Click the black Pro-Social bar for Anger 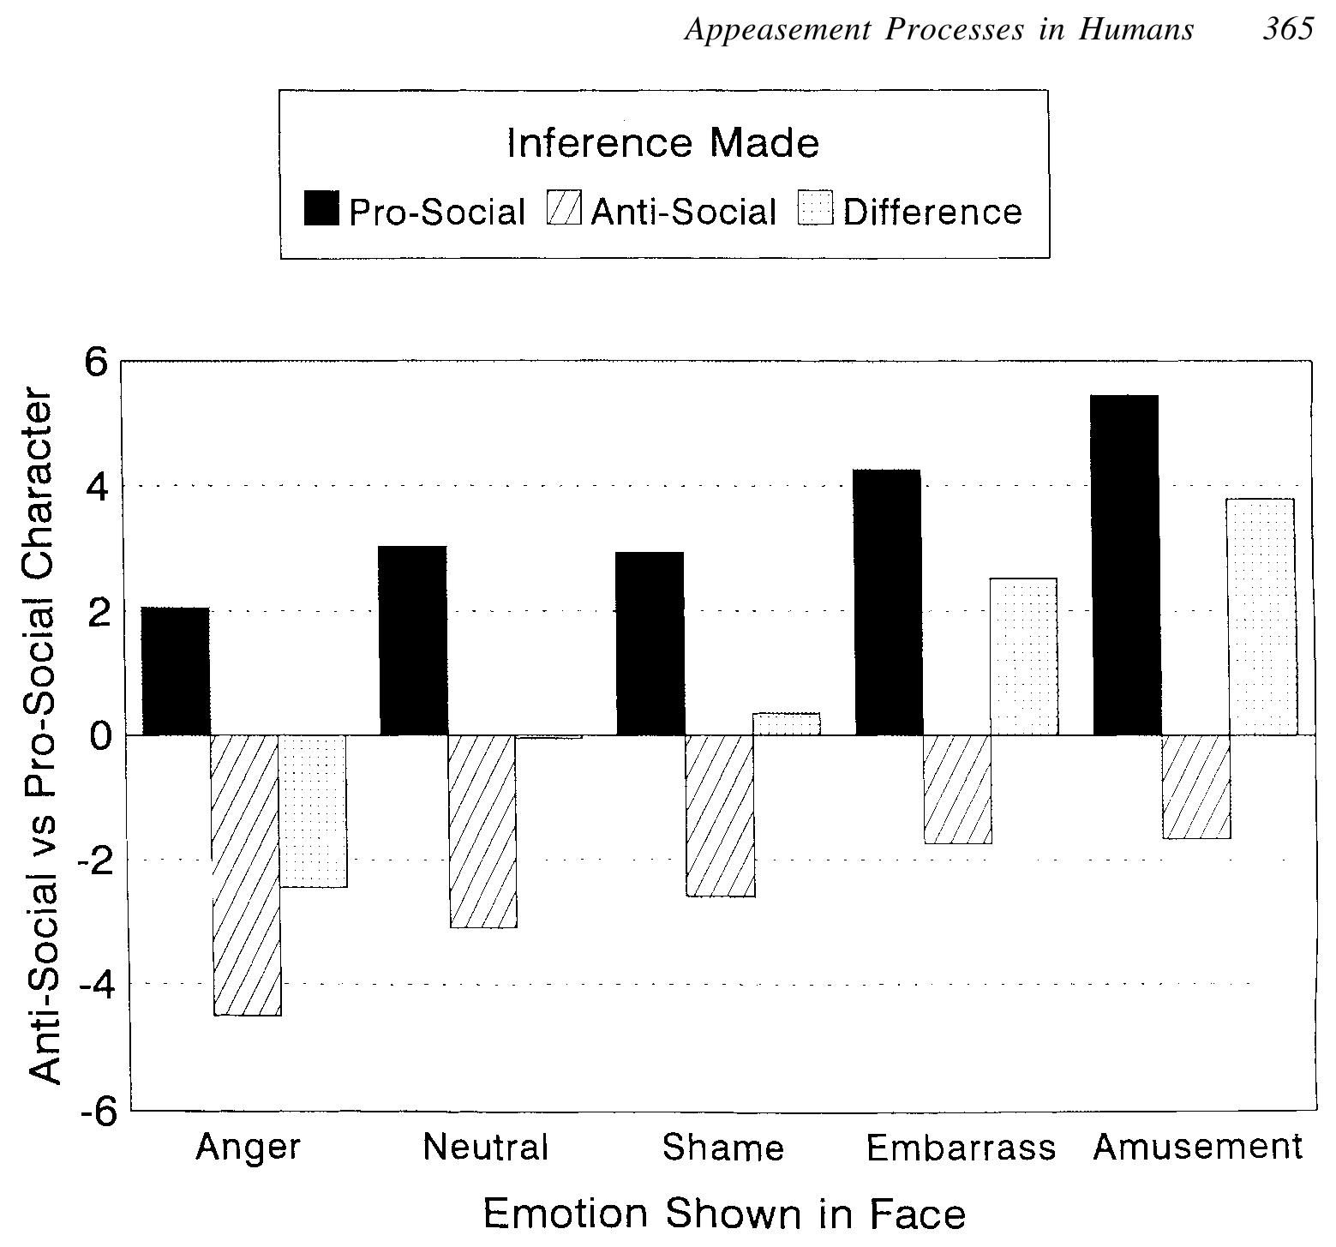176,671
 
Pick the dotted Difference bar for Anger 314,811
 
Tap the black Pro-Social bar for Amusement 1126,565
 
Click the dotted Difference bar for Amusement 1261,616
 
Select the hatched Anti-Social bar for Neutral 482,831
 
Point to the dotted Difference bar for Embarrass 1024,656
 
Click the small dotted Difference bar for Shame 787,724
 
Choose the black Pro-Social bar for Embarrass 889,603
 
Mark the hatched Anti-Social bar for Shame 721,816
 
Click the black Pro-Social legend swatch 321,208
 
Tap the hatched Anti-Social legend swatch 563,208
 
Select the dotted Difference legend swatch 815,208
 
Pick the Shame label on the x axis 722,1148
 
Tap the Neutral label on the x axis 485,1147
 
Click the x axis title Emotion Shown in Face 724,1214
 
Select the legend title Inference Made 662,143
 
